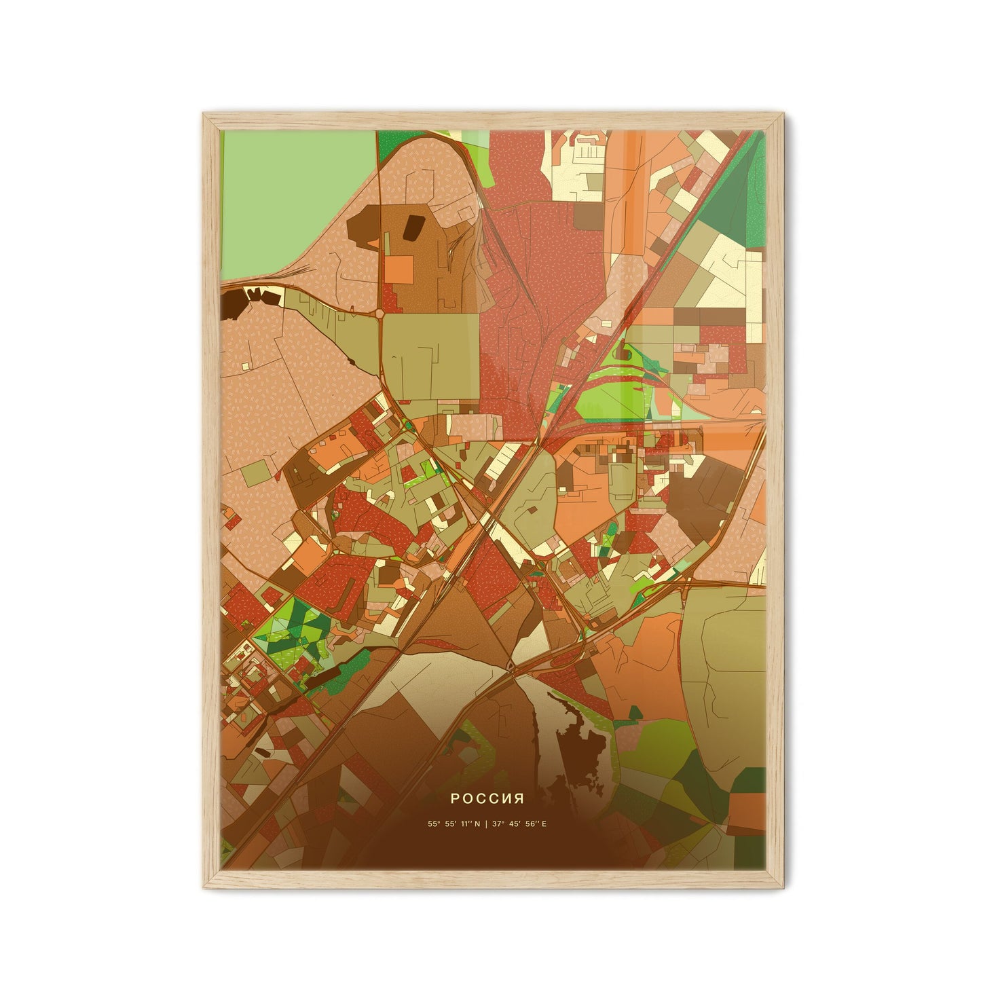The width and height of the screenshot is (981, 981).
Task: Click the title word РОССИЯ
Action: pyautogui.click(x=490, y=796)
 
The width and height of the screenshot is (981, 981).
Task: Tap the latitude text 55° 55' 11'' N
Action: pyautogui.click(x=454, y=824)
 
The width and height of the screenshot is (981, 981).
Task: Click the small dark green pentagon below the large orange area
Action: pyautogui.click(x=634, y=713)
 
